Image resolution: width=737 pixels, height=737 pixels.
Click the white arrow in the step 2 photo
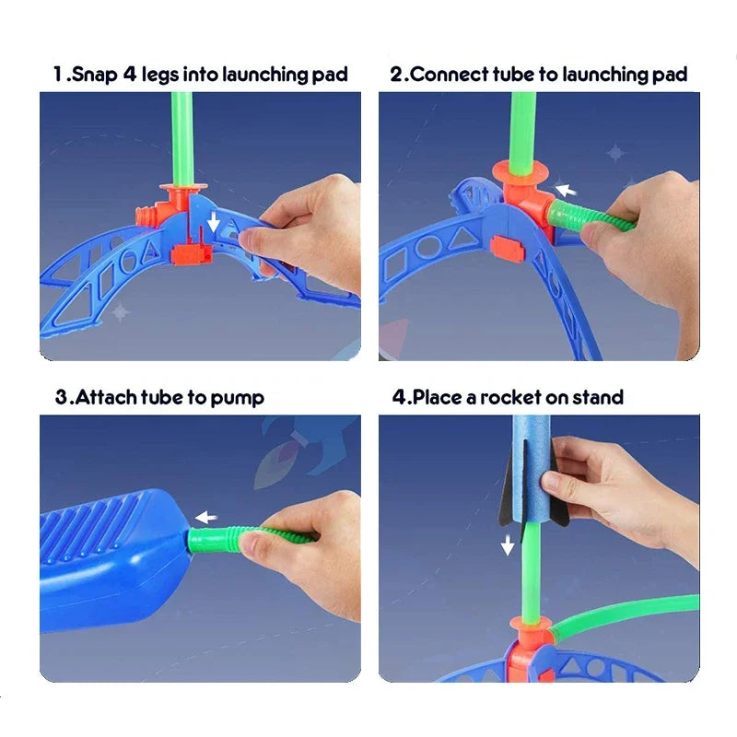pyautogui.click(x=566, y=189)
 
